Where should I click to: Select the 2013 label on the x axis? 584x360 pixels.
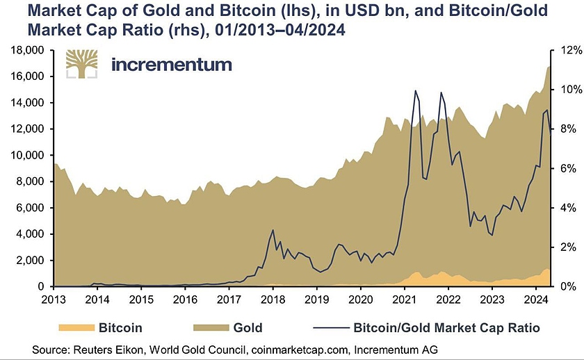(x=54, y=300)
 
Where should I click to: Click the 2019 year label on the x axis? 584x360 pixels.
(x=316, y=300)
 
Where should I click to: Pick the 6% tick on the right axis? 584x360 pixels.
(x=558, y=168)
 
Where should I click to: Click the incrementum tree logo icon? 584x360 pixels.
(x=82, y=65)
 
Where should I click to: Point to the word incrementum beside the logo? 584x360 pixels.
(x=171, y=65)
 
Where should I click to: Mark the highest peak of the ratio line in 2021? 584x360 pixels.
(x=415, y=91)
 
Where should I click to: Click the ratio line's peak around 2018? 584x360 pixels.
(x=273, y=230)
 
